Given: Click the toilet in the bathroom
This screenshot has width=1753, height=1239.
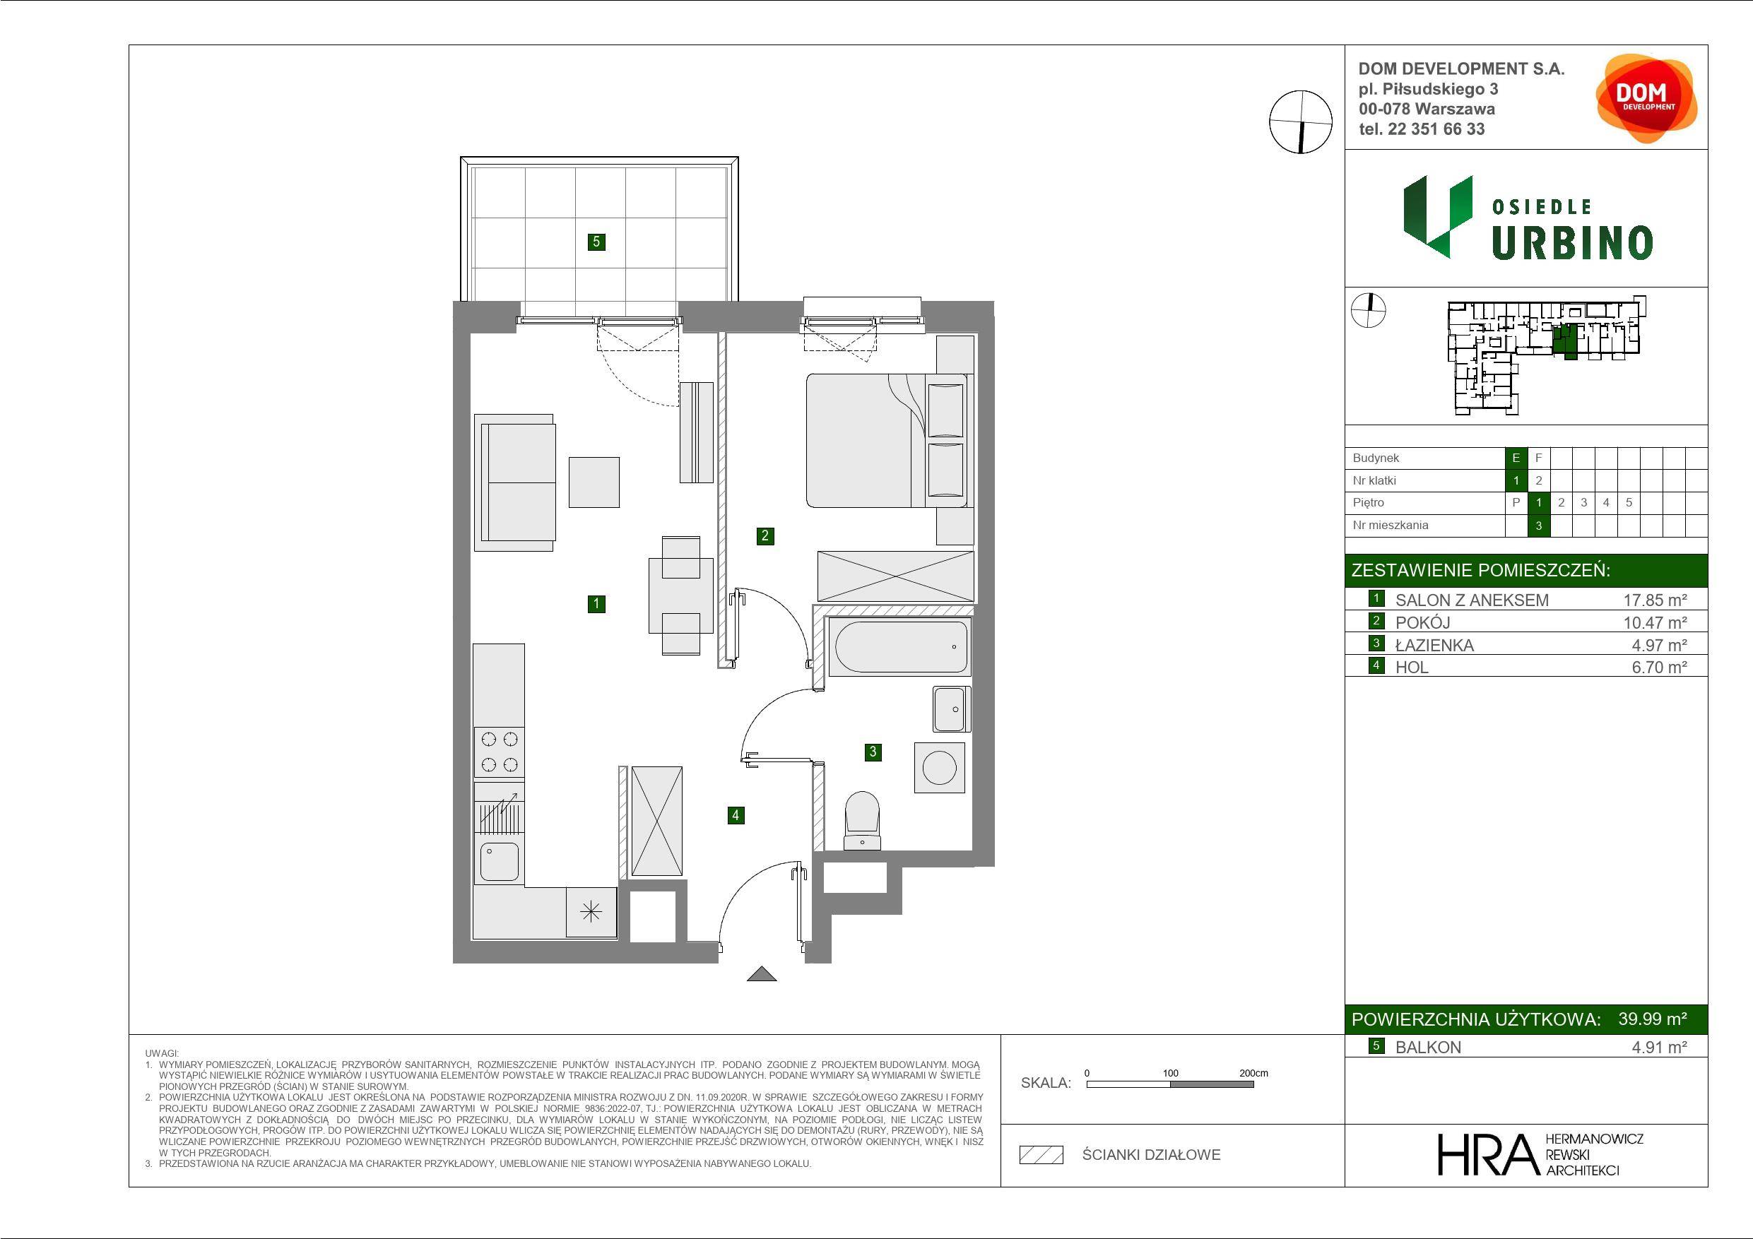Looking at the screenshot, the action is tap(862, 821).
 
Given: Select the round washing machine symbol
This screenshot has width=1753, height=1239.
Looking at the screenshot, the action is tap(939, 767).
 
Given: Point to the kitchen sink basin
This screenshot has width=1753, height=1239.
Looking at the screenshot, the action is tap(500, 861).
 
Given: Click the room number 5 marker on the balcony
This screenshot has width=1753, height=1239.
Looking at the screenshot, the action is tap(596, 242).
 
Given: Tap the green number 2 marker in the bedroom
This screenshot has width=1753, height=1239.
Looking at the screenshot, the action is tap(765, 536).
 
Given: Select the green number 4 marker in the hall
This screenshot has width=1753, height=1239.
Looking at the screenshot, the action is tap(736, 815).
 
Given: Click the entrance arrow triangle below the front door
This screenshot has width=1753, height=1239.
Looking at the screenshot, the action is tap(761, 974).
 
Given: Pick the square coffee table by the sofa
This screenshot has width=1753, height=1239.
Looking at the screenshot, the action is tap(594, 482).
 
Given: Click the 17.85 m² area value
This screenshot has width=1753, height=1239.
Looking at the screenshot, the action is tap(1655, 600).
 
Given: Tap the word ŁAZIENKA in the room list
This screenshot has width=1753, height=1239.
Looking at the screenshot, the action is tap(1434, 645).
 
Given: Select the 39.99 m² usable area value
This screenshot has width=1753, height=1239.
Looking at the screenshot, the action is tap(1652, 1019).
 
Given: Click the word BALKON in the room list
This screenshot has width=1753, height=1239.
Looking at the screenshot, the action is tap(1429, 1048).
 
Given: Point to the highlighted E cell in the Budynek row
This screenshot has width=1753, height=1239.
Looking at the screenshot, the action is tap(1516, 458).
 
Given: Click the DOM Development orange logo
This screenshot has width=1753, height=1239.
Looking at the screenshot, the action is tap(1646, 98).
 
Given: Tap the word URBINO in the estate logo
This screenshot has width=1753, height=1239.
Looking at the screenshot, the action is tap(1572, 243).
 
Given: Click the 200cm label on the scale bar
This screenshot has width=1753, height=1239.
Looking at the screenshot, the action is tap(1253, 1073).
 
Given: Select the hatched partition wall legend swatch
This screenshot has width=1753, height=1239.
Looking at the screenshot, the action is tap(1041, 1155).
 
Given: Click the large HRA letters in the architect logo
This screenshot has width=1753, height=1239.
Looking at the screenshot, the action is tap(1487, 1155).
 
